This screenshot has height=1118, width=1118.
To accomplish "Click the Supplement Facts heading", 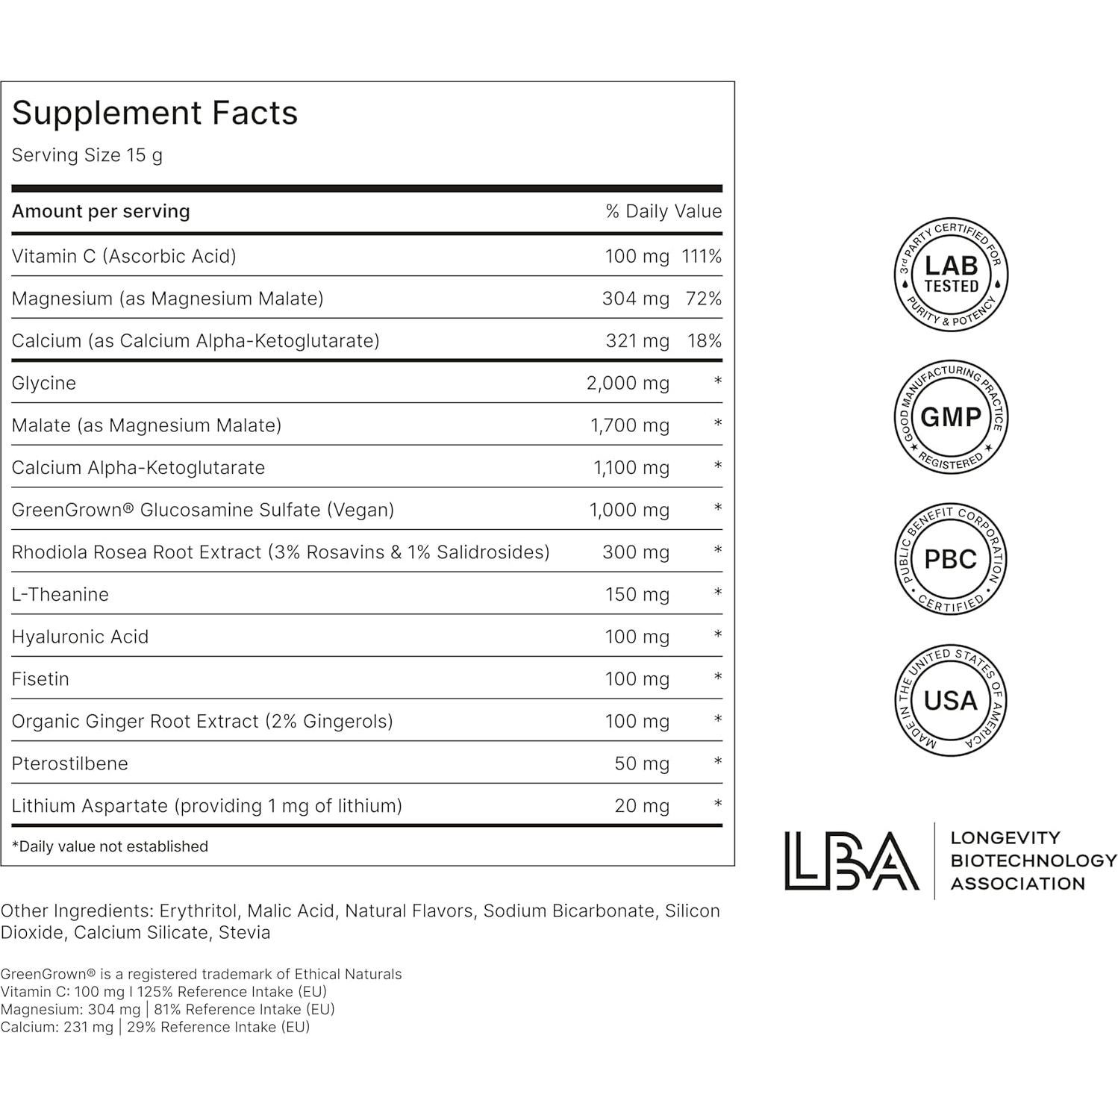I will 154,113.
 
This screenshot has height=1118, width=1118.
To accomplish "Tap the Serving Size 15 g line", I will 87,155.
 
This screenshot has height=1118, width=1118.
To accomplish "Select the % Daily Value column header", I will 663,211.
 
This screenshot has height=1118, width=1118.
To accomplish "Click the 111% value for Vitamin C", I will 702,257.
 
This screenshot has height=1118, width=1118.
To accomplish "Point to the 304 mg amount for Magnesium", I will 635,299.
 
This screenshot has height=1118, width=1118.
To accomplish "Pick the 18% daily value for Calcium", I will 705,341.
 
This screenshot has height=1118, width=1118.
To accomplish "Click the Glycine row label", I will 44,384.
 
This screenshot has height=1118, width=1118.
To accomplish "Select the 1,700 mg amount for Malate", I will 629,426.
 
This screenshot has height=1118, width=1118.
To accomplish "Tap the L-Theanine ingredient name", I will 60,595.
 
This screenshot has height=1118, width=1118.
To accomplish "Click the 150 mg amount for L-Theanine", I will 637,595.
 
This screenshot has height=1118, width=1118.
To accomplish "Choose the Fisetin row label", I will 40,679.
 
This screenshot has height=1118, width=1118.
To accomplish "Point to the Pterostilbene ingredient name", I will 70,763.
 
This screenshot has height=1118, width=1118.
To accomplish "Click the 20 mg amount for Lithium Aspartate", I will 641,806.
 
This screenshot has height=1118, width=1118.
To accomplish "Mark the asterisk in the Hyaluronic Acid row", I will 718,636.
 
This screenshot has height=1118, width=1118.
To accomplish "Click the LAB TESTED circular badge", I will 951,275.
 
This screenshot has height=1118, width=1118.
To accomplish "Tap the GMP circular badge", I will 951,417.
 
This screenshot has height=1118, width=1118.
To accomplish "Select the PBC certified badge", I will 951,559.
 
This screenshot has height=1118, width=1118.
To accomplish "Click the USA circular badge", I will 951,700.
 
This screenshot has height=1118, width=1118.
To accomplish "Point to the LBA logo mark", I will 852,861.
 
